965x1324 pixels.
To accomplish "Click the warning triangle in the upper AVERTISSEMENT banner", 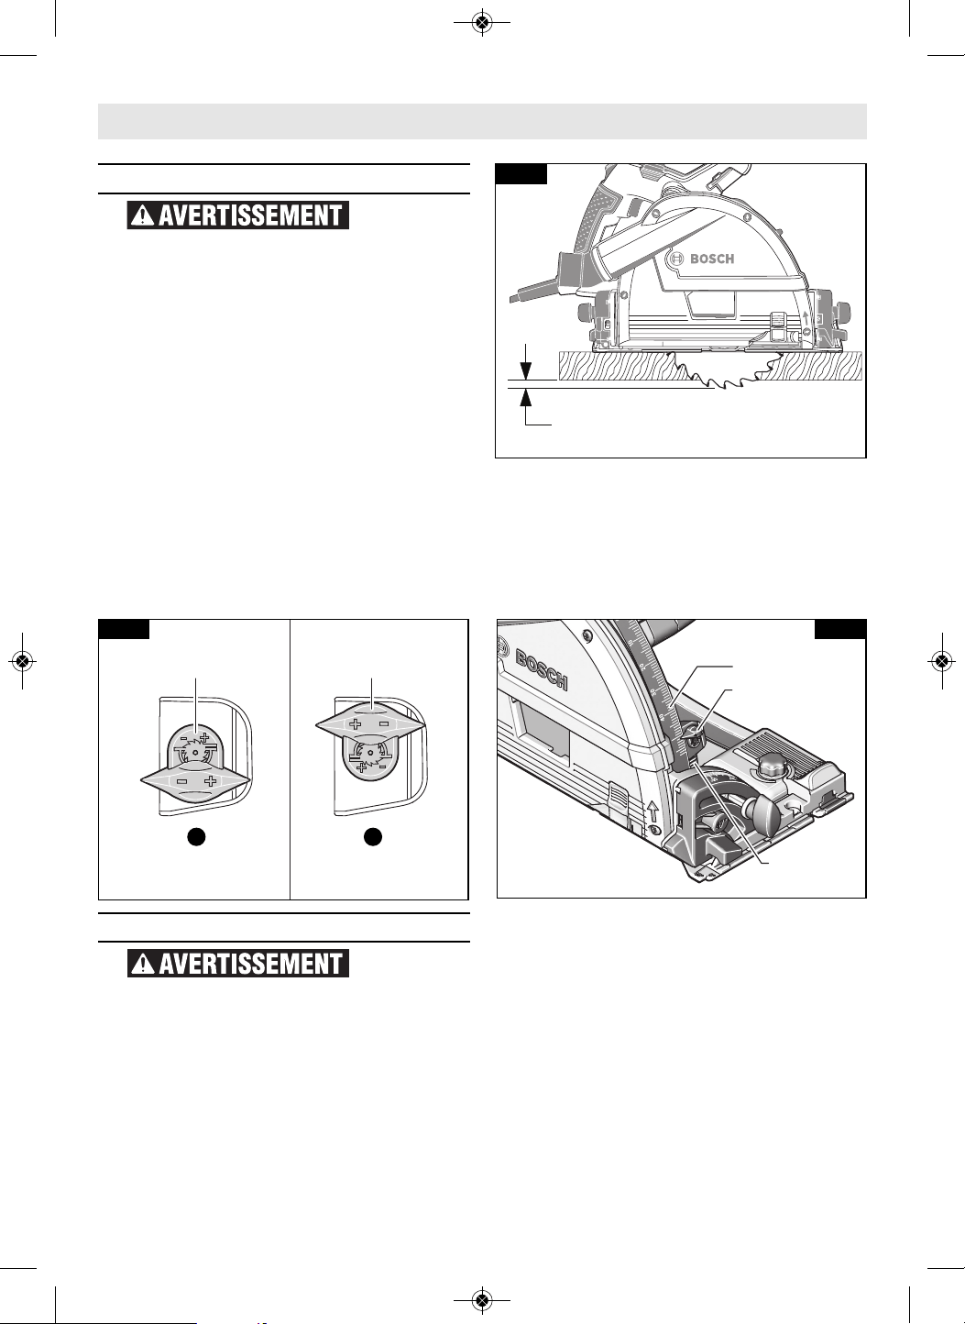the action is [x=142, y=215].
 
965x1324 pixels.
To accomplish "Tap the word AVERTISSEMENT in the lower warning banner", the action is [x=250, y=964].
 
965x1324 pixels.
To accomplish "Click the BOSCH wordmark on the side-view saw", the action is [x=712, y=259].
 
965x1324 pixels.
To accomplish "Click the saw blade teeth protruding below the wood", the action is [x=733, y=373].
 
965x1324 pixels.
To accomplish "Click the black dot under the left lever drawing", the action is [x=197, y=837].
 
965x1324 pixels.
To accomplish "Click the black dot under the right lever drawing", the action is [x=372, y=837].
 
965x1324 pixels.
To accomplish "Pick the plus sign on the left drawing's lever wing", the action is [x=212, y=781].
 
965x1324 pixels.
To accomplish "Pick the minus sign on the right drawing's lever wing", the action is [x=384, y=723].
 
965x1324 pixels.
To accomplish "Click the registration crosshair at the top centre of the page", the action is [x=483, y=23].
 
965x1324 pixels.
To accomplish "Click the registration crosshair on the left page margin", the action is [x=23, y=661].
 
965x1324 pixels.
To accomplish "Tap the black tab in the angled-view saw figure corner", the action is [x=840, y=630].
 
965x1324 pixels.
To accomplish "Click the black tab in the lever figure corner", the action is [x=124, y=630].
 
